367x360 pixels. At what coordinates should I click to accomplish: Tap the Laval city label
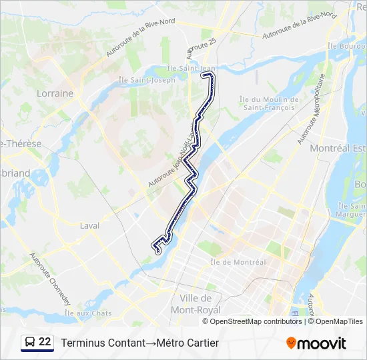point(89,225)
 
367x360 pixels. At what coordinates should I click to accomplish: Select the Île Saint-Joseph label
point(146,80)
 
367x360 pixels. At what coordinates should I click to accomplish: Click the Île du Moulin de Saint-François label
point(268,103)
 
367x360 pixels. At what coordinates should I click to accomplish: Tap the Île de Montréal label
point(240,262)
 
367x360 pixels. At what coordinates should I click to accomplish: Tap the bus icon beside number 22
point(29,342)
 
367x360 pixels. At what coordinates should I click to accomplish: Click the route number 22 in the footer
point(45,342)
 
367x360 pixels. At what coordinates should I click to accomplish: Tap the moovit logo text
point(322,343)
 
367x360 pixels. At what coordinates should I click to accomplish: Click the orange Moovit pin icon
point(291,343)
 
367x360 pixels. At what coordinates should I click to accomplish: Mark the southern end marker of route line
point(158,252)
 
